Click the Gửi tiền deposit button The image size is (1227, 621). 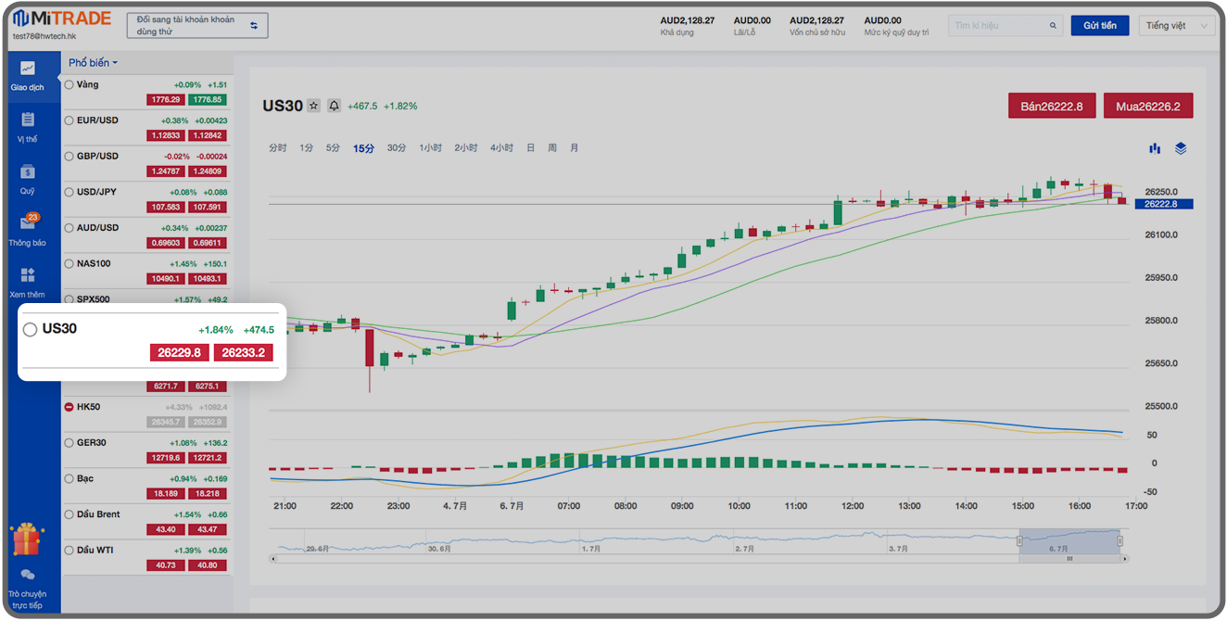pos(1099,26)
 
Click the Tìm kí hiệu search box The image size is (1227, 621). pos(1005,26)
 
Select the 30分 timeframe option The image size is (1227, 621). pos(397,148)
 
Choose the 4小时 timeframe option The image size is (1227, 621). pos(501,148)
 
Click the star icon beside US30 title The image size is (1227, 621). pos(314,106)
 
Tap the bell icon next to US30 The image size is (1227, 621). pos(334,106)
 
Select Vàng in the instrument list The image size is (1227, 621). pos(88,84)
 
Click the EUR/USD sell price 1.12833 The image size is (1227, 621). pos(166,135)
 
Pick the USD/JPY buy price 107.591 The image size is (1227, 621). pos(207,207)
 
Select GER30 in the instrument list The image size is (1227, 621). pos(92,442)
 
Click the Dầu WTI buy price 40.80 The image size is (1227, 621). pos(207,564)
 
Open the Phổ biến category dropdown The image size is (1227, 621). pos(93,63)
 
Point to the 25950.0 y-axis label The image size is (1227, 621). pos(1161,278)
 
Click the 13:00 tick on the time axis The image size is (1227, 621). pos(909,506)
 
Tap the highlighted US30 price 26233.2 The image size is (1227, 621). pos(243,352)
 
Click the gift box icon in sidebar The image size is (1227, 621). pos(27,539)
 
